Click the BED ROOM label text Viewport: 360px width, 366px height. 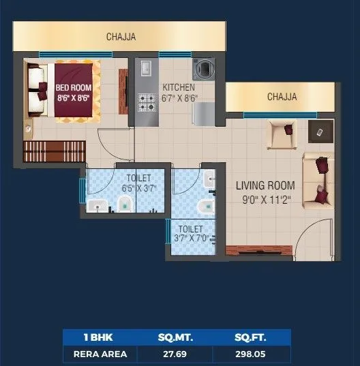[73, 87]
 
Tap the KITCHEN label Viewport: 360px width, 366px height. [179, 87]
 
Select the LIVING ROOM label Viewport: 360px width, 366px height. [265, 185]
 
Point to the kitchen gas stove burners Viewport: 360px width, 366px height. [147, 102]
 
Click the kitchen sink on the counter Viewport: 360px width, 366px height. [147, 68]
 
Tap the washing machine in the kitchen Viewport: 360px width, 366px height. [204, 68]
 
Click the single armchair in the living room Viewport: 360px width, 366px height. [282, 133]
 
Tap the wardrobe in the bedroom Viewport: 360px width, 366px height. [55, 151]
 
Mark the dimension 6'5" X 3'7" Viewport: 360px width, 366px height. [139, 188]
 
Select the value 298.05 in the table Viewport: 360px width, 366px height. [251, 354]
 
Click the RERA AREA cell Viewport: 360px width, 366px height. [99, 354]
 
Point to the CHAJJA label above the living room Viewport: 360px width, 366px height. [282, 97]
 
